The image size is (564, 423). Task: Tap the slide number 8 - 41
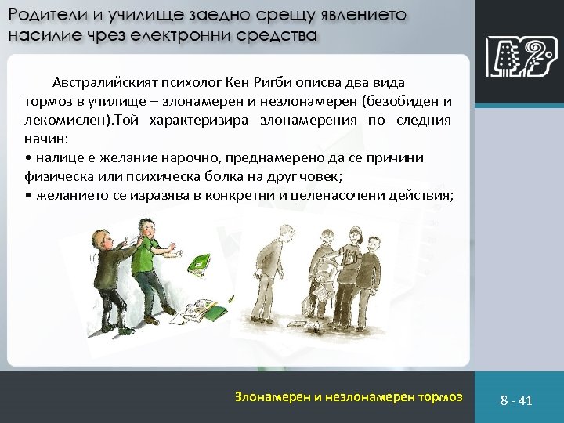point(516,400)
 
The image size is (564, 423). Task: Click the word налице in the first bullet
point(55,158)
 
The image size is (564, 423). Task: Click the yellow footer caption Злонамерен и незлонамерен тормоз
point(349,396)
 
